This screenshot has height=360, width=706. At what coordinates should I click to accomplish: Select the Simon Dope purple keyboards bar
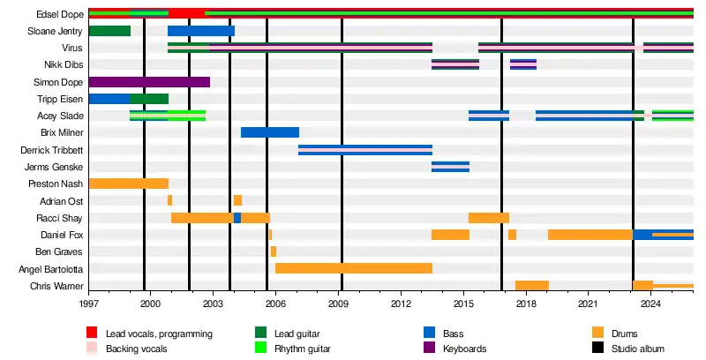tap(149, 82)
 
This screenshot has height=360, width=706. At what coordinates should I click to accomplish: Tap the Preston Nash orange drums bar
tap(128, 184)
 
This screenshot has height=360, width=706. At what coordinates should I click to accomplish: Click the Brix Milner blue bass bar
tap(269, 132)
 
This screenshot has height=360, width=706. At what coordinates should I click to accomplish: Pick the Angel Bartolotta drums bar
tap(353, 268)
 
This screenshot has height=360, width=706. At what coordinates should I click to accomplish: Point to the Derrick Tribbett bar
tap(364, 150)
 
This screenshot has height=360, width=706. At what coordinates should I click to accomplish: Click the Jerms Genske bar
tap(450, 167)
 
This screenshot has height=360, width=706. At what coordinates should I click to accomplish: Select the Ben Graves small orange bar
tap(274, 251)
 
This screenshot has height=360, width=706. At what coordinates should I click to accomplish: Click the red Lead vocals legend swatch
tap(91, 333)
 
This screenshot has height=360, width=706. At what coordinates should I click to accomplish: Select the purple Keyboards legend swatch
tap(430, 349)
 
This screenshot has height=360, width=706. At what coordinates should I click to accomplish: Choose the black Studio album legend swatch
tap(598, 349)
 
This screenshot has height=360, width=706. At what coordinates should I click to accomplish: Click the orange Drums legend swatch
tap(598, 333)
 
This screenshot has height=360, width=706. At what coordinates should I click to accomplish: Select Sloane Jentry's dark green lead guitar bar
tap(109, 31)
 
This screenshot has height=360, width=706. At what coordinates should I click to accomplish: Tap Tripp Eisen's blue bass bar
tap(109, 99)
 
